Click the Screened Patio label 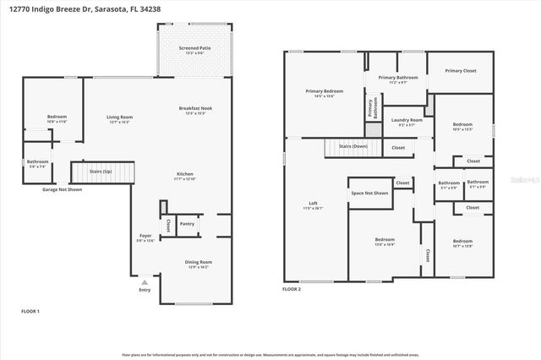(x=194, y=50)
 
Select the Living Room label (x=119, y=119)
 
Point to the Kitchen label (x=185, y=176)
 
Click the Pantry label (x=187, y=224)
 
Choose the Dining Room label (x=199, y=264)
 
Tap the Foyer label (x=146, y=237)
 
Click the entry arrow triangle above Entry (x=145, y=282)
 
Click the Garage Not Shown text (x=63, y=189)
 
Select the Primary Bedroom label (x=325, y=93)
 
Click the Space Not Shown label (x=369, y=193)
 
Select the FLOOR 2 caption (x=292, y=289)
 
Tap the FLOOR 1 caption (x=30, y=312)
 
